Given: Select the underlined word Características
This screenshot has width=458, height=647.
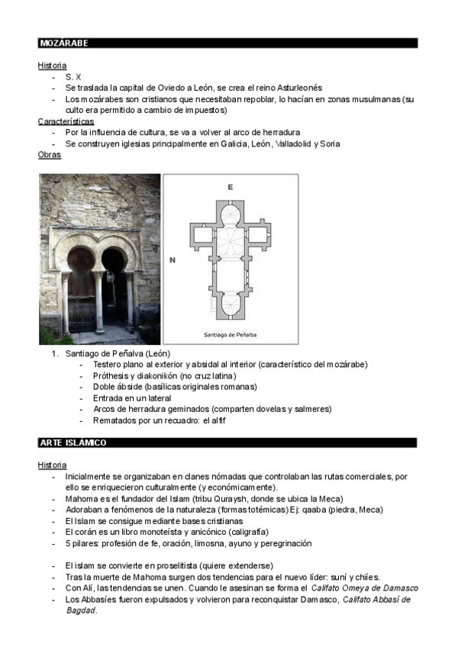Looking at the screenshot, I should tap(66, 121).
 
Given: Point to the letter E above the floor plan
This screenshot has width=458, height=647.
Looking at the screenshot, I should tap(230, 186).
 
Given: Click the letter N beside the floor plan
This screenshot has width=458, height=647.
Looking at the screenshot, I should tap(173, 260).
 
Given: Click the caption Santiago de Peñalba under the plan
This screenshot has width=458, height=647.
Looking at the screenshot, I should tap(230, 334).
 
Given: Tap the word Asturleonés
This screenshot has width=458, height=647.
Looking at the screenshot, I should tap(295, 88).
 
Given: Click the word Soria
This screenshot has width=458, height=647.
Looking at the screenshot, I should tap(330, 143).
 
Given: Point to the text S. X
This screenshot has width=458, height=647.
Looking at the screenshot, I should tap(73, 77).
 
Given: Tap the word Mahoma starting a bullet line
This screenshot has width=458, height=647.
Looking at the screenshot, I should tap(82, 498).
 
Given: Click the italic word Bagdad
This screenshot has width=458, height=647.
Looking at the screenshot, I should tap(80, 610).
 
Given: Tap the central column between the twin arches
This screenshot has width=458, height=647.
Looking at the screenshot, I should tap(99, 301).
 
